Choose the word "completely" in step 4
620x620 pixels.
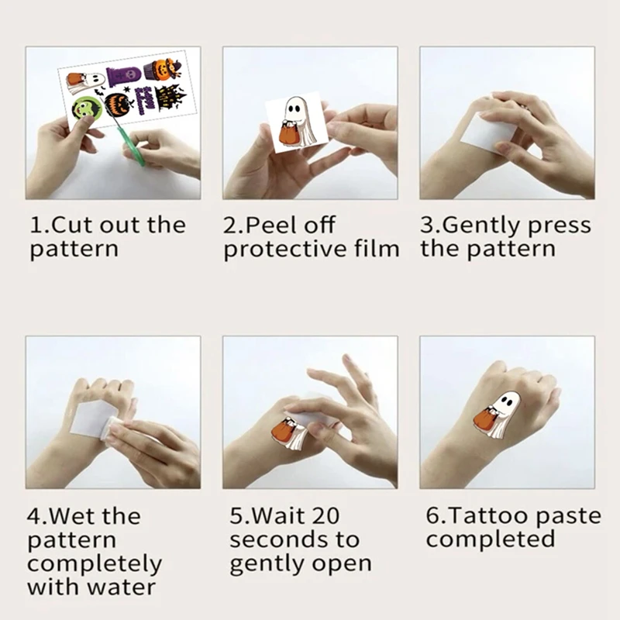(95, 563)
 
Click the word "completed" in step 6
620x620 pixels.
(490, 539)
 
